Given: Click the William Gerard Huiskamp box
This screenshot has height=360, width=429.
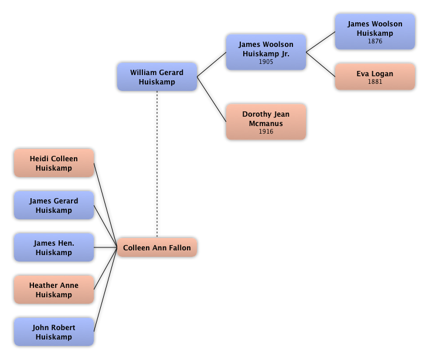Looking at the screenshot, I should coord(156,77).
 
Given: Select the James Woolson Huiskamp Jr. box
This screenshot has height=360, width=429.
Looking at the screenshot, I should coord(265,52).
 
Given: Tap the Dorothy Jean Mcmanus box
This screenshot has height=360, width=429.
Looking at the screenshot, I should coord(265,121).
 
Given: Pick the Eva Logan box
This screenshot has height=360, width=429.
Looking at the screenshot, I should coord(374,77).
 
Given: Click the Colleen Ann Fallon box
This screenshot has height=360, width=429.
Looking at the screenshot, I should coord(156,247).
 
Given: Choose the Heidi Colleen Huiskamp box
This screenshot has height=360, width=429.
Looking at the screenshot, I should coord(53,163).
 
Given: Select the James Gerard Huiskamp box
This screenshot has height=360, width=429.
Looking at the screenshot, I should coord(53,205).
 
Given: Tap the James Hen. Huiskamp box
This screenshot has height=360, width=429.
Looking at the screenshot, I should coord(53,247).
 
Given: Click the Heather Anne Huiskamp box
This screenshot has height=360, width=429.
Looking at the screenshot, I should coord(53,290).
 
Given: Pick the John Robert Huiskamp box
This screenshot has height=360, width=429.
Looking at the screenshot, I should coord(53,332).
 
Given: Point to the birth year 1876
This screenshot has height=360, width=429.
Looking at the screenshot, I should coord(374,42).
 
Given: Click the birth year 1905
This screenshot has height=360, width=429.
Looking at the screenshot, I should coord(265,62).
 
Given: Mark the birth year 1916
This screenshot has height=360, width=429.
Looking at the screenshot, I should coord(265,131).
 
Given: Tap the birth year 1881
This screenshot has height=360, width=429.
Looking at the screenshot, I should coord(374,82).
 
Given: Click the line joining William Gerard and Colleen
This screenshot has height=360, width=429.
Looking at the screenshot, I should coord(157,164).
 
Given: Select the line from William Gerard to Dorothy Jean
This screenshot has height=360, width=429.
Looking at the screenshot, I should coord(212,99).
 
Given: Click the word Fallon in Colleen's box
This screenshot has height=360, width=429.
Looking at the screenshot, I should coord(178,248).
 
